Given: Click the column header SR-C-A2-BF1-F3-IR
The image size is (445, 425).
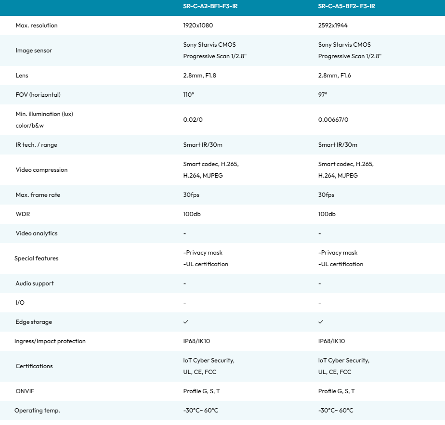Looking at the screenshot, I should [x=210, y=6].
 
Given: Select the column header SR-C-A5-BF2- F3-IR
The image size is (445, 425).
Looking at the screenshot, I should [x=346, y=6].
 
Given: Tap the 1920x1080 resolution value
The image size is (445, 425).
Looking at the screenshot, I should [x=197, y=26].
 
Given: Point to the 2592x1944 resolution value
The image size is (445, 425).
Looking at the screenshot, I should [x=333, y=26].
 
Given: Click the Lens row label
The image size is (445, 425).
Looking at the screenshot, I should [x=22, y=76].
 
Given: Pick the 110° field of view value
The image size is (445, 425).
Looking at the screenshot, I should [x=189, y=95].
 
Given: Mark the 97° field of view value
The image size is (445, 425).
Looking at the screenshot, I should [x=323, y=95].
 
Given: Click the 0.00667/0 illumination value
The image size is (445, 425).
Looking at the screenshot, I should [x=333, y=120].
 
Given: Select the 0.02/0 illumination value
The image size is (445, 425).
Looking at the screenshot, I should [x=193, y=120].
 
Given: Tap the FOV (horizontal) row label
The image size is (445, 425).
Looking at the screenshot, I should [x=38, y=95].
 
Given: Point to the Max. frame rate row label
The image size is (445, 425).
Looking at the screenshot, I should [x=38, y=195].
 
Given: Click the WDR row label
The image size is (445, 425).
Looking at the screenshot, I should [x=22, y=214].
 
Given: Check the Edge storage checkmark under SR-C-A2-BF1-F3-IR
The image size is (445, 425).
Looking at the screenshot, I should [x=185, y=322].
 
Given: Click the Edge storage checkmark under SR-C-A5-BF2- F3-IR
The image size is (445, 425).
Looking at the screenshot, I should [x=321, y=322].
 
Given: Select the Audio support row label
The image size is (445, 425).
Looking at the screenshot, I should [x=35, y=283].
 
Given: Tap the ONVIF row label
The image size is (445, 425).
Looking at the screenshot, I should [x=25, y=391].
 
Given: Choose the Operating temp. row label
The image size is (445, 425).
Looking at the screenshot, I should [x=37, y=411].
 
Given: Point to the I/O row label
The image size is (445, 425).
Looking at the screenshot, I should [x=20, y=303].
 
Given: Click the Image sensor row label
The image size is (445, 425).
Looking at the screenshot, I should [x=34, y=51].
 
